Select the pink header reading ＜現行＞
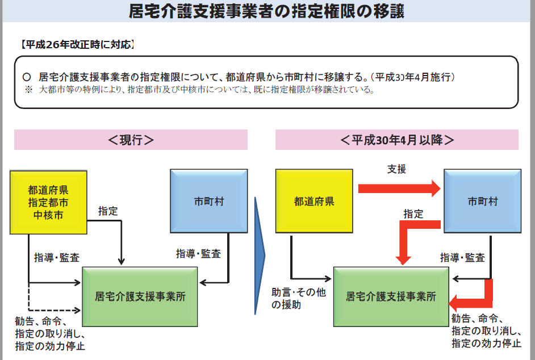(131, 140)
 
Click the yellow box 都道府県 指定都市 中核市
(48, 202)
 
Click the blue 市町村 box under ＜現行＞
(208, 202)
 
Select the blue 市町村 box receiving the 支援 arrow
(482, 202)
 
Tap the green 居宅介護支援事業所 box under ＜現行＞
(140, 296)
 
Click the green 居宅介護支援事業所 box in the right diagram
(391, 296)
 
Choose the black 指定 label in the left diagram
(107, 211)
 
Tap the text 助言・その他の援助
(298, 299)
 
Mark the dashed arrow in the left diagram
(54, 310)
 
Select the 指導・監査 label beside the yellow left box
(57, 258)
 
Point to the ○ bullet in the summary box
(26, 77)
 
